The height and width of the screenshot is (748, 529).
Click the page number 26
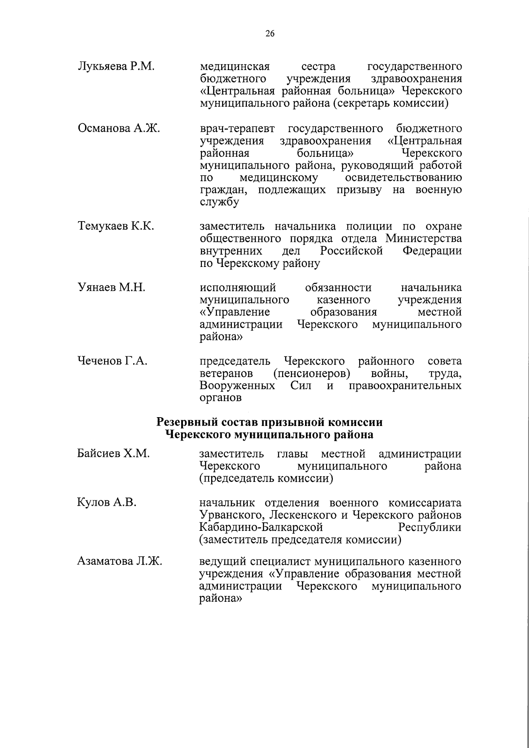click(x=270, y=34)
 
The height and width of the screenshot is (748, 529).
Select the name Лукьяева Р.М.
click(x=115, y=67)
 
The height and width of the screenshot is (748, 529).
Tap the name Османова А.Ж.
click(x=119, y=129)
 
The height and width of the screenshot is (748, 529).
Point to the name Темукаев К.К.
click(x=116, y=226)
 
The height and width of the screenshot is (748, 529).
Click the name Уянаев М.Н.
click(x=112, y=288)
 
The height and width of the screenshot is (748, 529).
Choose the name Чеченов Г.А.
click(x=112, y=361)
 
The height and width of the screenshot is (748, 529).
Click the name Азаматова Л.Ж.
click(x=119, y=562)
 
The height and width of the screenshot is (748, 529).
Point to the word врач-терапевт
click(x=237, y=129)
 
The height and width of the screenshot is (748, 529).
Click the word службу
click(x=219, y=203)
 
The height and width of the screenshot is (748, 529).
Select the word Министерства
click(x=424, y=239)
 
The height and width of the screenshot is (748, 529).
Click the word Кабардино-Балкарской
click(x=261, y=527)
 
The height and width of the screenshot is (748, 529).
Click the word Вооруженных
click(x=238, y=386)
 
